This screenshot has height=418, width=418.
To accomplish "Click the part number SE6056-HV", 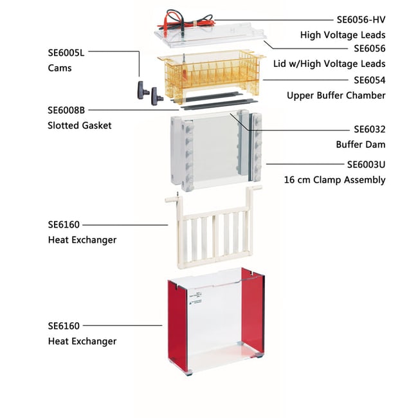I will [x=361, y=19].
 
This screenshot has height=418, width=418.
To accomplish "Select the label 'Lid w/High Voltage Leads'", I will [x=343, y=64].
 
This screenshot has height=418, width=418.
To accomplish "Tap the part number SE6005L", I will [x=67, y=53].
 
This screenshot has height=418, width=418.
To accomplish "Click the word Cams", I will [x=59, y=68].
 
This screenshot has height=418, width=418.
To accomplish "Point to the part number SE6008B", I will [x=67, y=110].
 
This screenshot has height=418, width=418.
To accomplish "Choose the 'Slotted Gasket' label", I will [x=79, y=125].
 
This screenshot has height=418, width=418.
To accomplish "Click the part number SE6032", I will [x=370, y=129].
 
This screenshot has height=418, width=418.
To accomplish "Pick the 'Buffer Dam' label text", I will [x=361, y=145].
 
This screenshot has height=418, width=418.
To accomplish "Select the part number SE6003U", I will [x=366, y=165].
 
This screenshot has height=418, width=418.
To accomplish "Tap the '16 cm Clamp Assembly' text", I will [x=335, y=180].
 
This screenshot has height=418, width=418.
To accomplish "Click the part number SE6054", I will [x=370, y=80].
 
